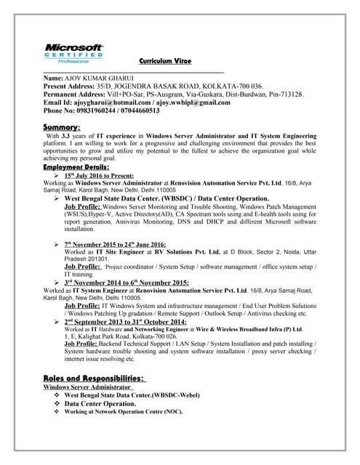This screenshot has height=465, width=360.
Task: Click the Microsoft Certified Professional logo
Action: (73, 54)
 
